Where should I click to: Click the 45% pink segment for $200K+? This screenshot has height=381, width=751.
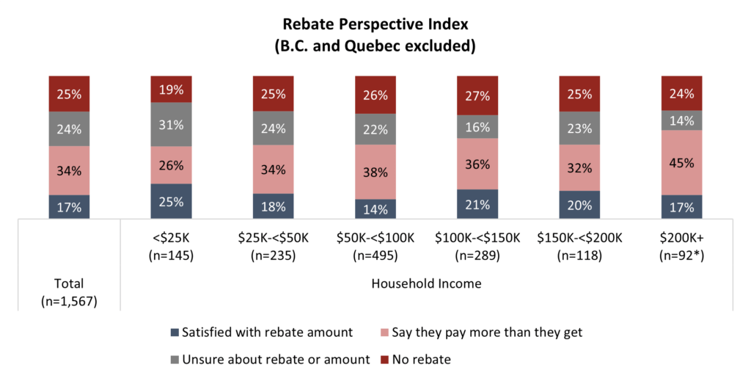pos(681,163)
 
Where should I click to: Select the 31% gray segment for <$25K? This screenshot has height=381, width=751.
pos(171,126)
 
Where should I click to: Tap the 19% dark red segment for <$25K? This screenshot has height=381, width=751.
pos(171,90)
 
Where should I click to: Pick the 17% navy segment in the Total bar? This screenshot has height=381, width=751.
pos(69,207)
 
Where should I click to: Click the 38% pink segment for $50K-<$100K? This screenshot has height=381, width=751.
pos(375,172)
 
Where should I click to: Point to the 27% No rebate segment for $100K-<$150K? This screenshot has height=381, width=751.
pos(477,95)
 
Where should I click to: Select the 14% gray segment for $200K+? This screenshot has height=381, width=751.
pos(681,120)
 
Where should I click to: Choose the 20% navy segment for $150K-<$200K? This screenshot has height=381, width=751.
pos(579,205)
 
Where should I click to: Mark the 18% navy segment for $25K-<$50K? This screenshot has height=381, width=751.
pos(274,206)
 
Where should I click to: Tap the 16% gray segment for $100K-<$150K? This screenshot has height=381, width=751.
pos(477,127)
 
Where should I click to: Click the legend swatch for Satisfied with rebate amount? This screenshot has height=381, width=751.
pos(174,333)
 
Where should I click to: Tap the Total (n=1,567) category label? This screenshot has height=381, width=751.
pos(69,291)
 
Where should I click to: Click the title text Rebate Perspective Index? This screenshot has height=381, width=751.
pos(375,24)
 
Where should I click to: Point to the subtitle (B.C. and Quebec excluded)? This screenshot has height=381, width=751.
pos(375,46)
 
